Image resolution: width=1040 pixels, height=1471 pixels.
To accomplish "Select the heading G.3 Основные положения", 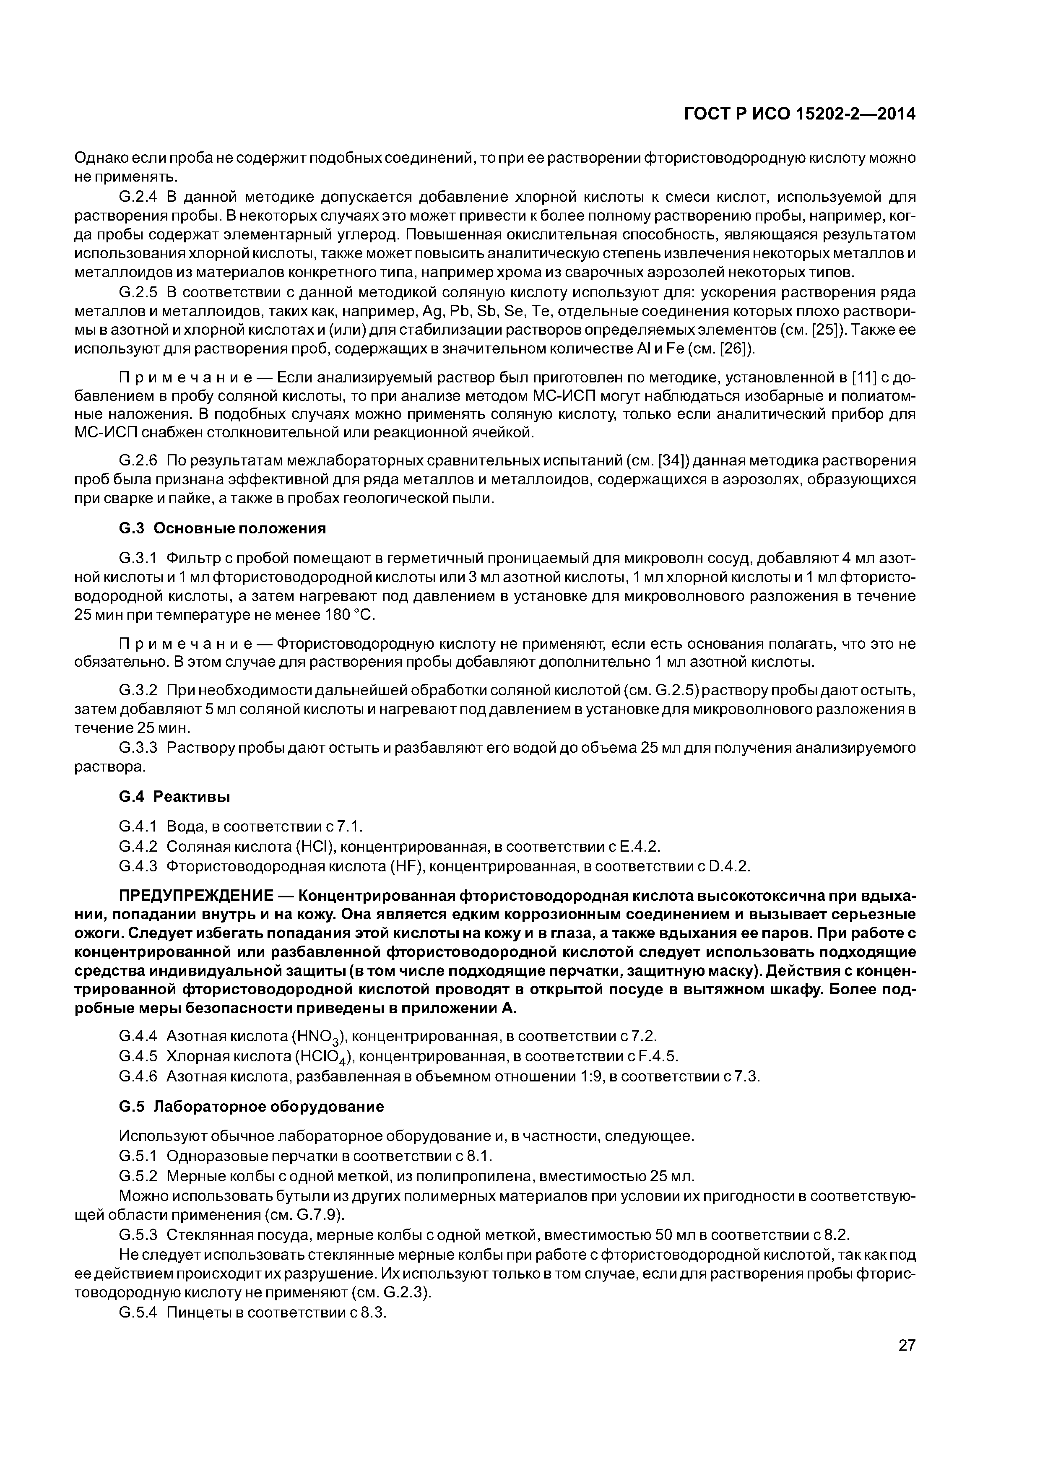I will pos(222,528).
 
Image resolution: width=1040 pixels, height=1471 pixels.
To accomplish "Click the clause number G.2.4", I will pos(138,196).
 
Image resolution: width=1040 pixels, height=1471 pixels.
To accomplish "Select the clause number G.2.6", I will pos(138,461).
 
